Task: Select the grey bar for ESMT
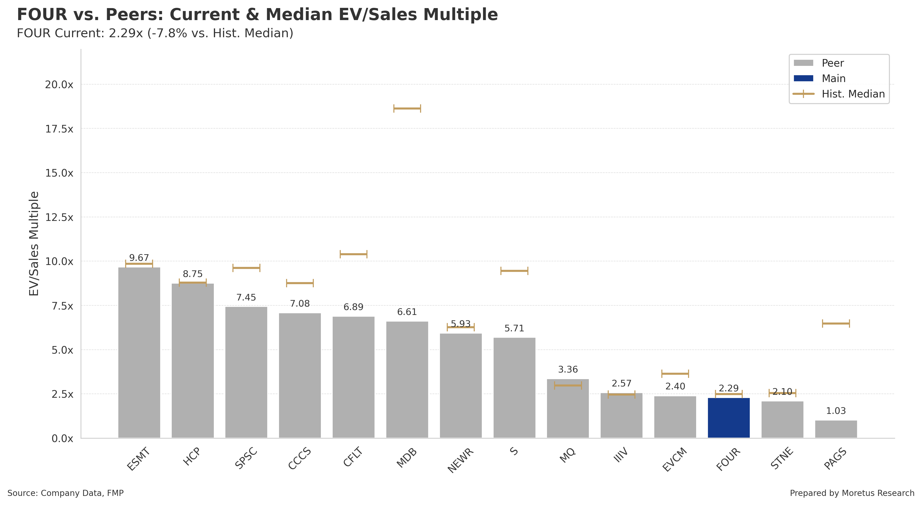pos(139,352)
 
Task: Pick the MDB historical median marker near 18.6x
pos(407,108)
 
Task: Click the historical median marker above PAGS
pos(836,324)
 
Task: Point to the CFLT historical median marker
pos(353,254)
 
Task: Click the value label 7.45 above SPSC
pos(246,297)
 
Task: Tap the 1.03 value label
pos(836,411)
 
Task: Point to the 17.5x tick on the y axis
pos(59,129)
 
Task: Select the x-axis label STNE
pos(782,458)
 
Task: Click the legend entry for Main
pos(833,78)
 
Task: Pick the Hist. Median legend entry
pos(853,94)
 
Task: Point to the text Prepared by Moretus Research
pos(852,493)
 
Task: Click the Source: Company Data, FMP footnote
pos(65,493)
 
